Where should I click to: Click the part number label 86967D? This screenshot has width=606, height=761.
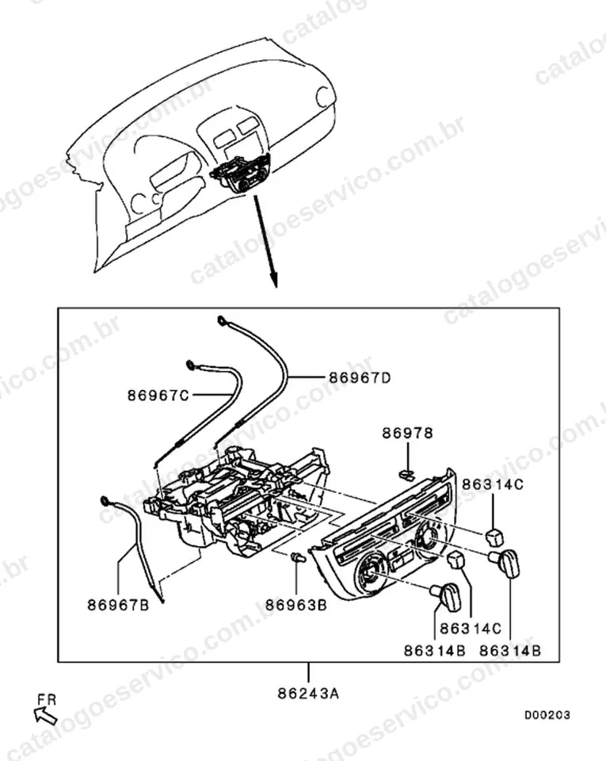(x=360, y=377)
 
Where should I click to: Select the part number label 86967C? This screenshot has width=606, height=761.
(x=158, y=396)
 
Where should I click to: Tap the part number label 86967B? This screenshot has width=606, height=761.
(x=118, y=605)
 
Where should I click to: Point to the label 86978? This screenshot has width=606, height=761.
(x=407, y=433)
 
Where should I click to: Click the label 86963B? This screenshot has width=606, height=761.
(x=295, y=605)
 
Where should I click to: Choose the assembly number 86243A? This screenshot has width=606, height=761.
(x=308, y=694)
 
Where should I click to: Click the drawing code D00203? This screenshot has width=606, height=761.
(x=547, y=715)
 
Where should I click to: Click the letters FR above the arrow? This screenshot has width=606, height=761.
(x=47, y=699)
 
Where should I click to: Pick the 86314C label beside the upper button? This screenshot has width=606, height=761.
(x=493, y=484)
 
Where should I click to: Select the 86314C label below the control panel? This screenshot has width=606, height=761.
(x=471, y=629)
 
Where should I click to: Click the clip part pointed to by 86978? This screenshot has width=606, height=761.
(x=406, y=472)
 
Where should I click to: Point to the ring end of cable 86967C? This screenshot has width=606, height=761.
(x=191, y=365)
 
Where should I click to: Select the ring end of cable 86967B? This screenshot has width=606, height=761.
(x=105, y=500)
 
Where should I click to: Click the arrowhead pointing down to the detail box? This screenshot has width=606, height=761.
(x=274, y=280)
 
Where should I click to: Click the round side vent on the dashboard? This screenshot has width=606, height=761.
(x=323, y=97)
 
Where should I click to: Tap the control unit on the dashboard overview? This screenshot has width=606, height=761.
(x=240, y=174)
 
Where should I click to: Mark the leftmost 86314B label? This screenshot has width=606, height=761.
(x=434, y=650)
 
